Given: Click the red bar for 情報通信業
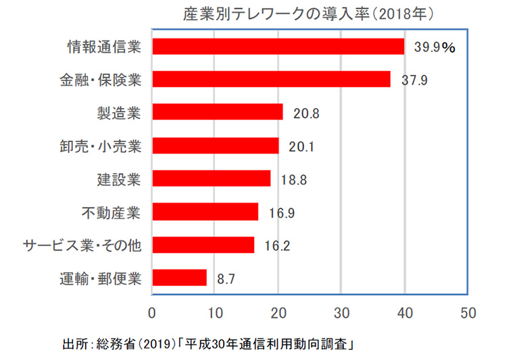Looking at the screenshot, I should tap(279, 47).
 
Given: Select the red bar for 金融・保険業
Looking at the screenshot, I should tap(272, 80).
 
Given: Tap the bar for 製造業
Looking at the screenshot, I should tap(218, 112).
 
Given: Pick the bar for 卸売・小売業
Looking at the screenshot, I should tap(216, 145).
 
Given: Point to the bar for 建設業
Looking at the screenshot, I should tap(212, 178).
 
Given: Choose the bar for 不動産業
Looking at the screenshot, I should tap(206, 211).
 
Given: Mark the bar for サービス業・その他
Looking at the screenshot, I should tap(203, 245).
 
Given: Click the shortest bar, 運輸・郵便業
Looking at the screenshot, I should tap(180, 278).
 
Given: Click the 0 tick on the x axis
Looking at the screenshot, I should tap(152, 313).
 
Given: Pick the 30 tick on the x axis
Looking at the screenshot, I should tap(341, 313).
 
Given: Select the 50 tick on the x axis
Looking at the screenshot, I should tap(468, 313).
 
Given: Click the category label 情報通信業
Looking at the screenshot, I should tap(104, 47).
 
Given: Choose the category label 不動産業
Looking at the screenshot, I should tap(111, 212).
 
